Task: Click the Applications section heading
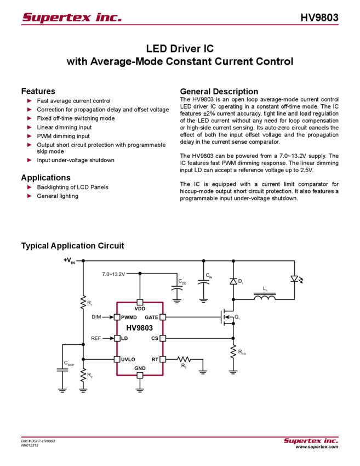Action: click(46, 178)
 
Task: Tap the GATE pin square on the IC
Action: click(162, 317)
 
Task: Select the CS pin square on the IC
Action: click(162, 338)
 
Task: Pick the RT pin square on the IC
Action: click(162, 359)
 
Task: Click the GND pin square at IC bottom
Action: click(139, 376)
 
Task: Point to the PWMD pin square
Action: click(117, 317)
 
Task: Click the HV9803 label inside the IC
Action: click(140, 327)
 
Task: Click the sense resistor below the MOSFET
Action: click(233, 351)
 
